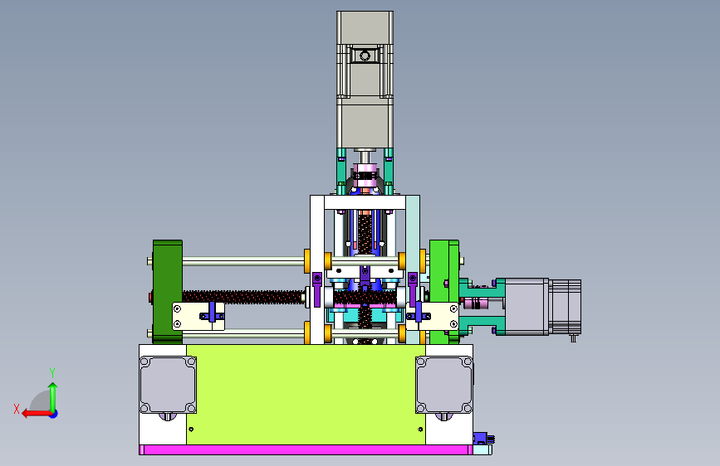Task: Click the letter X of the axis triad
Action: click(x=17, y=409)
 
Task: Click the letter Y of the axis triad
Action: click(x=52, y=372)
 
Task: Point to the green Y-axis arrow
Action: click(x=53, y=396)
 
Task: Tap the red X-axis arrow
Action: click(x=37, y=414)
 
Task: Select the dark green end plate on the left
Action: click(x=168, y=292)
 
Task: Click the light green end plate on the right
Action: click(x=444, y=292)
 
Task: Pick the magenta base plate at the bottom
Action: click(x=306, y=450)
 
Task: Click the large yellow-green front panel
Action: click(x=306, y=395)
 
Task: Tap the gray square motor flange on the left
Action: click(x=168, y=385)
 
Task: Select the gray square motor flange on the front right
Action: click(x=444, y=385)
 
